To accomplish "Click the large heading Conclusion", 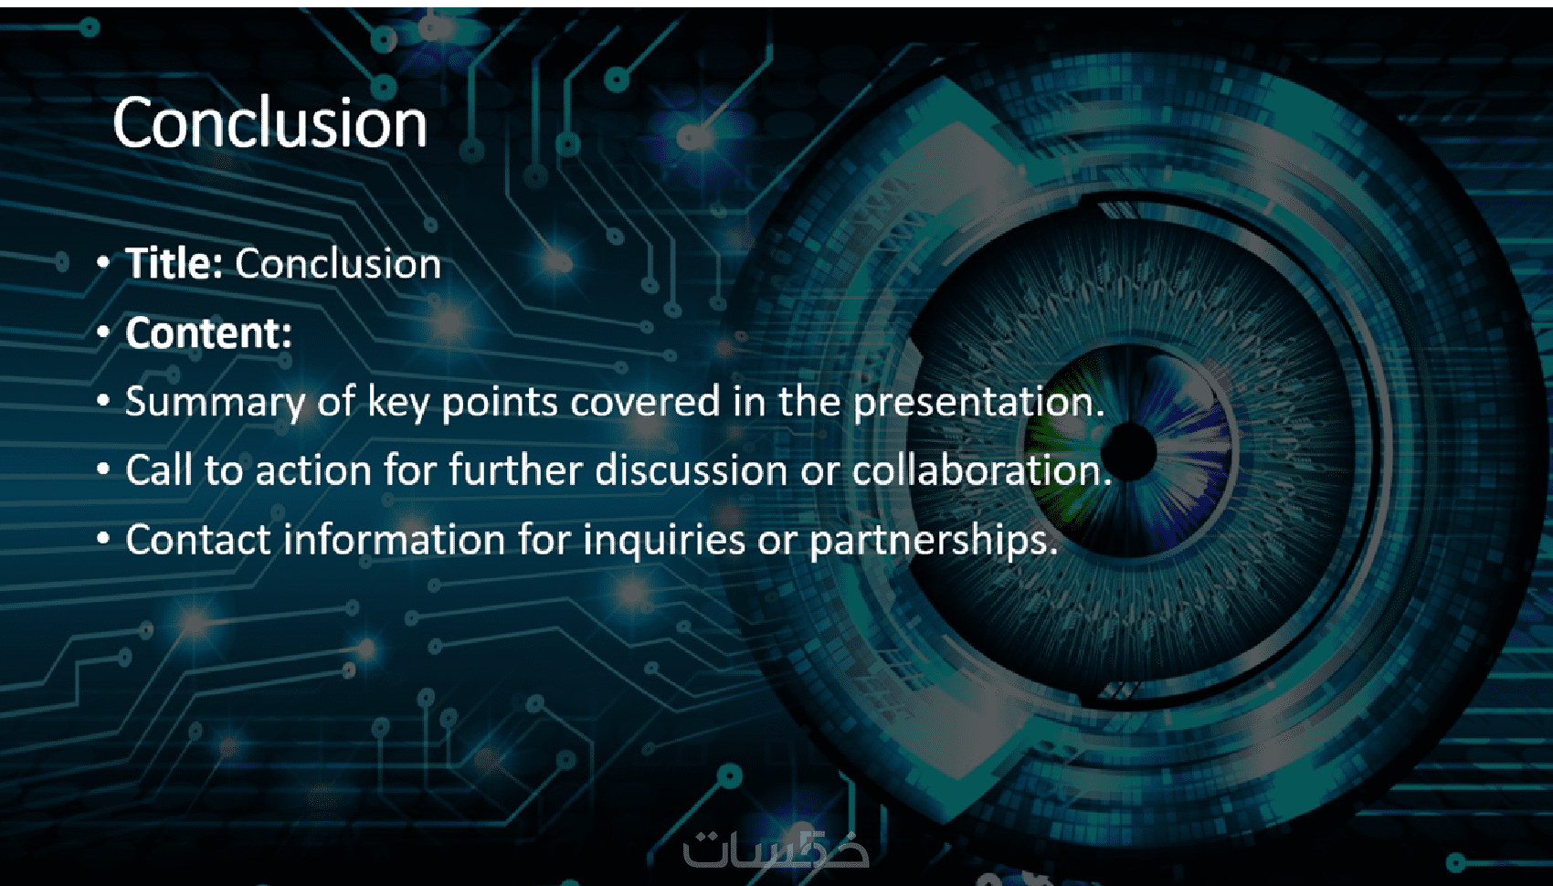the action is [x=269, y=122].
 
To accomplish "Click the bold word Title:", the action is [x=174, y=264].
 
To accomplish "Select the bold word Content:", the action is [x=208, y=332].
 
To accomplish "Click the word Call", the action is [x=159, y=470].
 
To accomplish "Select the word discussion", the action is [x=692, y=470].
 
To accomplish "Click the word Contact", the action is [x=198, y=540].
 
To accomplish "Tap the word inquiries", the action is [x=664, y=542].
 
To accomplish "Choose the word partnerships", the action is [x=934, y=542].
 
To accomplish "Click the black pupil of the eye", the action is [x=1129, y=451].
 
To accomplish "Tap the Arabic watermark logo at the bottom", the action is [x=776, y=848].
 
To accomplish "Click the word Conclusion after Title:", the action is [x=338, y=264].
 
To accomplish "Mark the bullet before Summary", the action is [x=103, y=401].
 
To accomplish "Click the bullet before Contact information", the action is [x=103, y=539].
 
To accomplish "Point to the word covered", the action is [x=645, y=401].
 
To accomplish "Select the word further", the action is [x=515, y=470].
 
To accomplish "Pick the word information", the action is [x=394, y=540].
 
